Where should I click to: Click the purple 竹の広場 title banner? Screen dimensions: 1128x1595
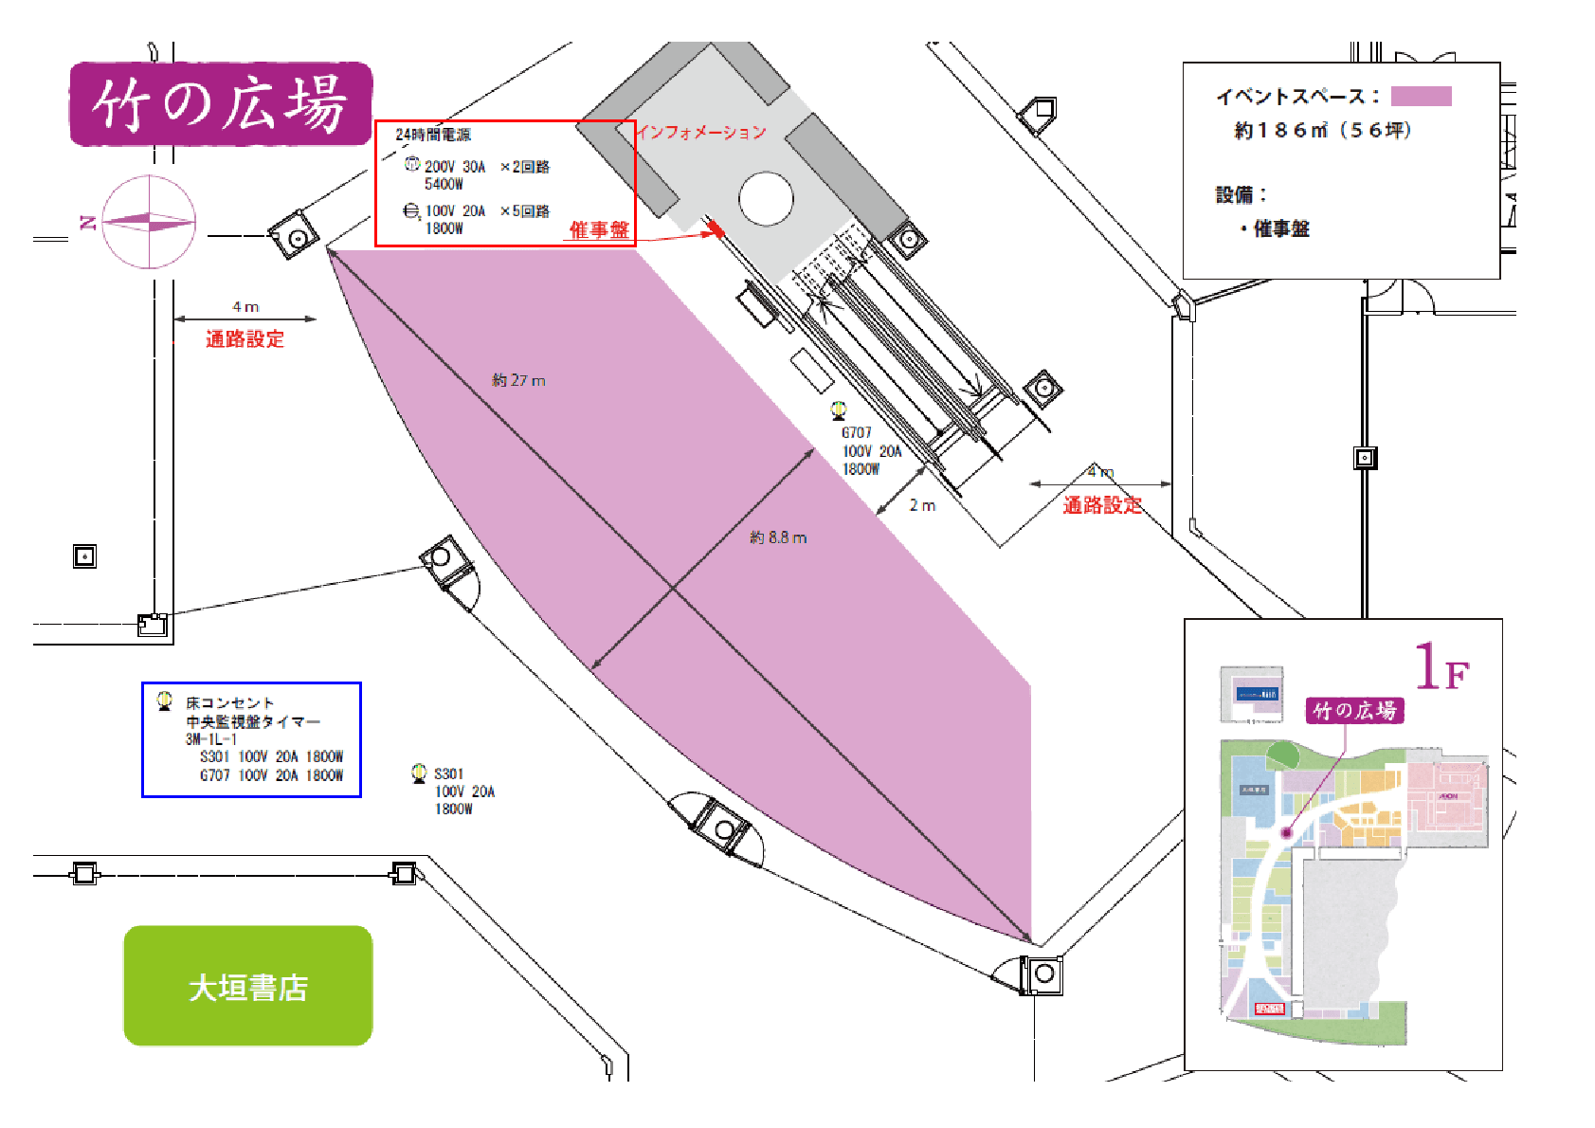(220, 103)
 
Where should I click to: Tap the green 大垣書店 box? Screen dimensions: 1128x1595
(248, 987)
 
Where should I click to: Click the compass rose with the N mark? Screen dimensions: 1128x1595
(149, 223)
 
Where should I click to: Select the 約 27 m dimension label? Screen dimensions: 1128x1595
(518, 381)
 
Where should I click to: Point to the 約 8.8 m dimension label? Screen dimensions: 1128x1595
(778, 537)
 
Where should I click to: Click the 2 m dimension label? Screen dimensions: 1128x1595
(922, 506)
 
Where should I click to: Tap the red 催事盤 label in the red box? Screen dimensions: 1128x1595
(599, 229)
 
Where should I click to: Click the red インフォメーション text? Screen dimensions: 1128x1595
(701, 133)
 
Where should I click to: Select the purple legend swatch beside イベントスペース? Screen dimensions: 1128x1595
(1421, 97)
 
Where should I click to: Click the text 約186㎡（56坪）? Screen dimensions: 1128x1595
(1323, 131)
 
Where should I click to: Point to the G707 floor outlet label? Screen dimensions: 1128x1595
(857, 433)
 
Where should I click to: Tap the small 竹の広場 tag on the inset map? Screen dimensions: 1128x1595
(1354, 710)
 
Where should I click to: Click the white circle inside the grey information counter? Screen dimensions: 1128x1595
(766, 199)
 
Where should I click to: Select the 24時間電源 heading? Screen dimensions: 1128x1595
(433, 135)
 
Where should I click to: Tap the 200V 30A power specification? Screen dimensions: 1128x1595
(455, 167)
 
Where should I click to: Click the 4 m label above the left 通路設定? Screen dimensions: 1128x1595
(245, 307)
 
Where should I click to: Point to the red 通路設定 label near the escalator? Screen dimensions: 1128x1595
(1102, 505)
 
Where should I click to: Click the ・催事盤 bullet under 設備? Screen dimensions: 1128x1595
(1275, 228)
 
